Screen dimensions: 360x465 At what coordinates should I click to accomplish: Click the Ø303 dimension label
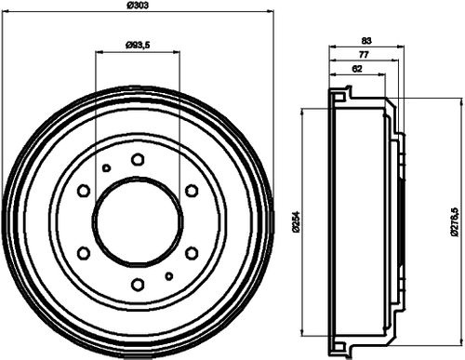pyautogui.click(x=139, y=7)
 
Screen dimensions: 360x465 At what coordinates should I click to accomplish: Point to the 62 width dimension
pyautogui.click(x=358, y=69)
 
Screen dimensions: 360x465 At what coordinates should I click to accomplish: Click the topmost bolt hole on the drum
pyautogui.click(x=138, y=159)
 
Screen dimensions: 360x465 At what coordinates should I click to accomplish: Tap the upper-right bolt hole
pyautogui.click(x=192, y=190)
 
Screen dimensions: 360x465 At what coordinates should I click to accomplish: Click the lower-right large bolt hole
pyautogui.click(x=192, y=252)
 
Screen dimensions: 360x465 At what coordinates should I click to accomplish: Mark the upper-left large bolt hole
pyautogui.click(x=84, y=190)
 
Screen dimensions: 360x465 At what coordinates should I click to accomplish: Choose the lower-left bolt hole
pyautogui.click(x=84, y=252)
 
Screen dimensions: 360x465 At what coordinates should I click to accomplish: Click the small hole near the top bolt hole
pyautogui.click(x=107, y=167)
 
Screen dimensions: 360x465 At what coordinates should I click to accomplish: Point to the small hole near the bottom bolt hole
pyautogui.click(x=168, y=275)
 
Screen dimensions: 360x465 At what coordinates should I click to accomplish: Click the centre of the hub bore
pyautogui.click(x=138, y=221)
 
